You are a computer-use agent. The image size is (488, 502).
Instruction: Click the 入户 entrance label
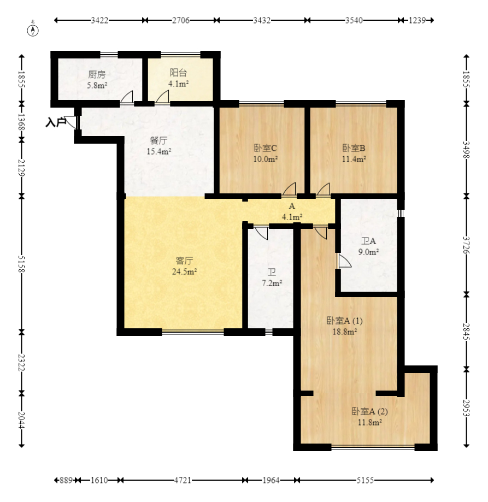point(55,122)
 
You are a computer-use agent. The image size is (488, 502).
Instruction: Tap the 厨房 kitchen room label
point(97,74)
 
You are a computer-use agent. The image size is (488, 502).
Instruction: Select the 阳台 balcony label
point(178,73)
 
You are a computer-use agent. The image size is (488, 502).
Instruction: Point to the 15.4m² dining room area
point(159,151)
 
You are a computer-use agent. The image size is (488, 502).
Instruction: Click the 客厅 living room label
point(185,261)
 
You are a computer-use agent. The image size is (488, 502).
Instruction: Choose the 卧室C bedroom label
point(265,148)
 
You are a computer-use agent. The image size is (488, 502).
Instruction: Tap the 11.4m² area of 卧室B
point(354,159)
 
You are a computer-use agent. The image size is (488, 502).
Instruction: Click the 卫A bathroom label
point(368,241)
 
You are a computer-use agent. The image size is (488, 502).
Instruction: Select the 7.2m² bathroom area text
point(272,283)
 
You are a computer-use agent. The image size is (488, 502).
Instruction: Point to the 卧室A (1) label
point(344,321)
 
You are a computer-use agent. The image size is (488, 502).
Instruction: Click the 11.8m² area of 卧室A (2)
point(369,422)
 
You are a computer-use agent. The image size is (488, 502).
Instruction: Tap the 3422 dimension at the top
point(99,21)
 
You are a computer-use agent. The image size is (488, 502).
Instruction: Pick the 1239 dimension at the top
point(418,21)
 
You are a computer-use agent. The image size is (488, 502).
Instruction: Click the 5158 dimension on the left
point(21,264)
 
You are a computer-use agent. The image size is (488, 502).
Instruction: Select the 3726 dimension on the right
point(466,245)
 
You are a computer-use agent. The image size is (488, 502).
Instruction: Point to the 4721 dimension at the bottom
point(183,480)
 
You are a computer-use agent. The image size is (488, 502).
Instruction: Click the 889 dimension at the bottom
point(66,480)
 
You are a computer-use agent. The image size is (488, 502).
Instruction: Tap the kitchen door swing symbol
point(127,97)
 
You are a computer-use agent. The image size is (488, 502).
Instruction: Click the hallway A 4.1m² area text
point(292,217)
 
